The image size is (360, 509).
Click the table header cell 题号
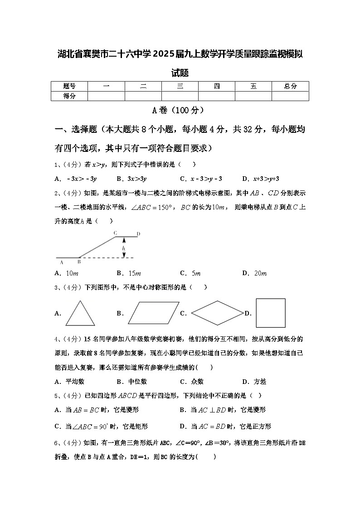click(69, 86)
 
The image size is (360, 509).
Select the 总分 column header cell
click(290, 86)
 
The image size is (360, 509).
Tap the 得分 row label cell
click(69, 96)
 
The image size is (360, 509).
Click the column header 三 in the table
click(180, 86)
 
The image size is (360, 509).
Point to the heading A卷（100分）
click(180, 110)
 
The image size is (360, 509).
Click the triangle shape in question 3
click(80, 314)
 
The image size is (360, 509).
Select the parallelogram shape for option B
click(153, 313)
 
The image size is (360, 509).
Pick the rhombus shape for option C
click(217, 313)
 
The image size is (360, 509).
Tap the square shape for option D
click(271, 313)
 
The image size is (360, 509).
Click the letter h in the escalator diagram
click(123, 249)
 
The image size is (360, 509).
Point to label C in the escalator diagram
click(115, 233)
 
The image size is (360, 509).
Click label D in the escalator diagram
click(139, 233)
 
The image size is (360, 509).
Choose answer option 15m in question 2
click(128, 273)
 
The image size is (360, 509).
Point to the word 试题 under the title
click(180, 73)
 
